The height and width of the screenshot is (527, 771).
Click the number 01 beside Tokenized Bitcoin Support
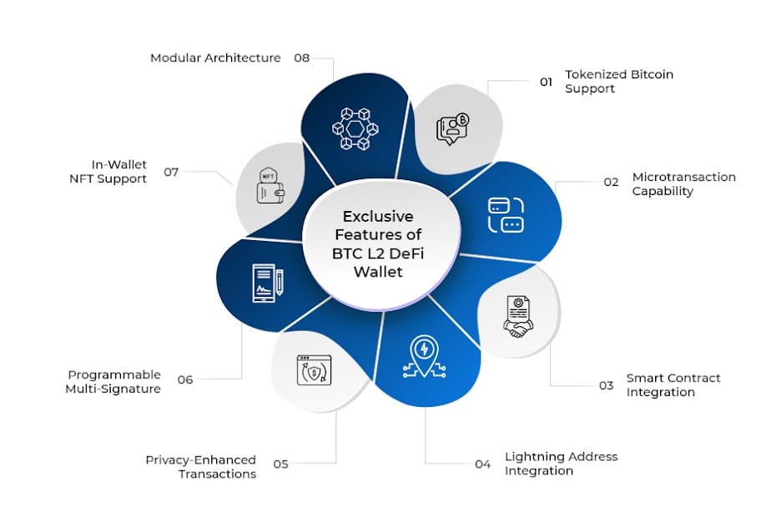[x=546, y=82]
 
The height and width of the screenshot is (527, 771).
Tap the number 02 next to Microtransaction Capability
[x=611, y=183]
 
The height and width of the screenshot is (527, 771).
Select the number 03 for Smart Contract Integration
[x=606, y=385]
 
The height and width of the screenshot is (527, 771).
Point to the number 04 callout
[x=482, y=464]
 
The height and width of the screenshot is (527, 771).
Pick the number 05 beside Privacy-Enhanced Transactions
[x=280, y=464]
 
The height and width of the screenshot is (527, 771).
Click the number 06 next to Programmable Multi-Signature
[x=185, y=379]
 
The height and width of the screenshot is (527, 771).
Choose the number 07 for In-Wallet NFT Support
[x=172, y=172]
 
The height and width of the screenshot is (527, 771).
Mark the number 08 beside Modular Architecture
[x=302, y=58]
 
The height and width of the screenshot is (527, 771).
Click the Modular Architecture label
[x=215, y=58]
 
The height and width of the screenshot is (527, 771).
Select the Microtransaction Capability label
[x=683, y=183]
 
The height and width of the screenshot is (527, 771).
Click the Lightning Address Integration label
[x=561, y=464]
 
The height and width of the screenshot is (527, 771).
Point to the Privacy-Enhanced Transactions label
[x=200, y=467]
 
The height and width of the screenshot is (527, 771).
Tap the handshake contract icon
[x=518, y=317]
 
